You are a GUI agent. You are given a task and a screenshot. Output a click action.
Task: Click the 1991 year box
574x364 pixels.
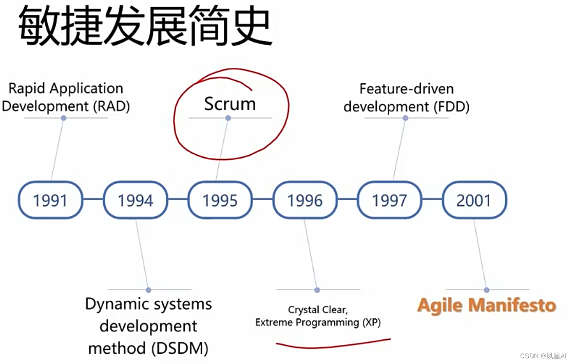[x=50, y=199]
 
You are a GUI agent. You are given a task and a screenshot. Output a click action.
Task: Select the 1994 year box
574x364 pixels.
[x=136, y=199]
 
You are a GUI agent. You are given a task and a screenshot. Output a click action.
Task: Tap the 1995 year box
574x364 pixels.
[x=220, y=199]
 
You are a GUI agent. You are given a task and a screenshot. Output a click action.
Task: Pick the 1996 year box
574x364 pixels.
[x=305, y=199]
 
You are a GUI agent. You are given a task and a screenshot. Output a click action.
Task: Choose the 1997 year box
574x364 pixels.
[x=390, y=199]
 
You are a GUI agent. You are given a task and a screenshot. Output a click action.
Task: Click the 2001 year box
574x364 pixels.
[x=474, y=199]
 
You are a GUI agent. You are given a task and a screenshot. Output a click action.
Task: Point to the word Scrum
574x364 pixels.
[x=229, y=104]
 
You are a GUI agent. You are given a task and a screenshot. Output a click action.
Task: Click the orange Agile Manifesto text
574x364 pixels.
[x=487, y=305]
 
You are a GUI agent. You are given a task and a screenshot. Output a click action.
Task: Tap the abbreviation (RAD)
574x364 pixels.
[x=110, y=106]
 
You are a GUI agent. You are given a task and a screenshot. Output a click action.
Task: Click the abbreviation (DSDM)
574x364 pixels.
[x=180, y=349]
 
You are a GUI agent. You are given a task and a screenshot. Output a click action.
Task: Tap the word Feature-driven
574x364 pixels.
[x=406, y=89]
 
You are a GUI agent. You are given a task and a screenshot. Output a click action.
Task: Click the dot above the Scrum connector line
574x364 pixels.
[x=228, y=118]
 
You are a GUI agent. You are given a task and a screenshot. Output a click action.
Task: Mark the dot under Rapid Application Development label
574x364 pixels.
[x=64, y=118]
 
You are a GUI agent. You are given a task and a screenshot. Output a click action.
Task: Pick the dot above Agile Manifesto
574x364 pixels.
[x=487, y=290]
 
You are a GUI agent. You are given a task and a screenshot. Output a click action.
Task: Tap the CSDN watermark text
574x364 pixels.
[x=543, y=356]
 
